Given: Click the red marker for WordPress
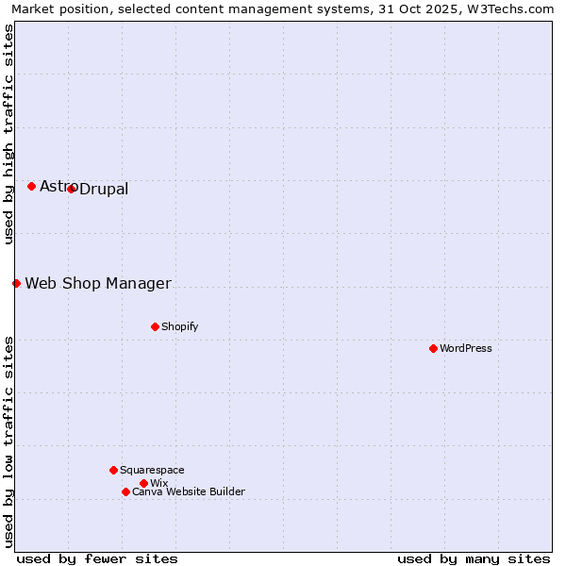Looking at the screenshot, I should pos(433,348).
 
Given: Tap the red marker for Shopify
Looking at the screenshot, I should pos(155,326).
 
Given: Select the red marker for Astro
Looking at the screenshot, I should pos(31,186).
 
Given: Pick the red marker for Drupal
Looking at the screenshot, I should pos(71,189).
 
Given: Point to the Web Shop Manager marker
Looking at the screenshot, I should pos(16,283).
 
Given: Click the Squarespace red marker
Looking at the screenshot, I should pos(113,470).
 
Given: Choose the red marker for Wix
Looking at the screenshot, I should pos(143,483).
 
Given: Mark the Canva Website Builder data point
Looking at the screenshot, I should pos(125,491).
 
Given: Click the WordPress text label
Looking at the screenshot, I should pos(466,348).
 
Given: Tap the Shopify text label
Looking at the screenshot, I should pos(180,326).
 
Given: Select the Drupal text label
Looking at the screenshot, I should pos(104,190).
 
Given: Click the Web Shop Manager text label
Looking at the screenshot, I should pos(98,284).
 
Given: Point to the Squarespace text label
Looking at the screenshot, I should pos(152,470).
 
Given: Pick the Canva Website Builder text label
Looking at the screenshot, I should pos(189,491).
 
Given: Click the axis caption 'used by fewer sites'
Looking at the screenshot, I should pos(97,558).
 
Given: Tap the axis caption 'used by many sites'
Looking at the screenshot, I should pos(474,558).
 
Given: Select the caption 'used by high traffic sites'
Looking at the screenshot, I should pos(8,134).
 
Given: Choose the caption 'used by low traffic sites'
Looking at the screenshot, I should pos(8,441).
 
